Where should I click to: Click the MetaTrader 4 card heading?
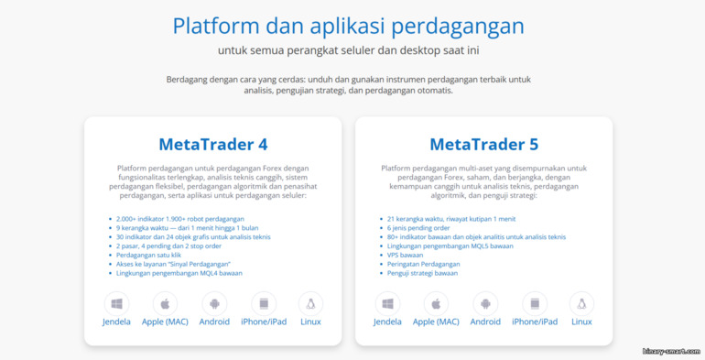pyautogui.click(x=212, y=144)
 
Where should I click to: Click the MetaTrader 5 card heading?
pyautogui.click(x=483, y=144)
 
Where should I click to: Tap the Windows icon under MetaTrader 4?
pyautogui.click(x=116, y=303)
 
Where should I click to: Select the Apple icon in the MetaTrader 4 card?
pyautogui.click(x=166, y=303)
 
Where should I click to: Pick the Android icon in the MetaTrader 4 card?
pyautogui.click(x=214, y=303)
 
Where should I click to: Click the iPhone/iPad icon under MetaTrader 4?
pyautogui.click(x=264, y=303)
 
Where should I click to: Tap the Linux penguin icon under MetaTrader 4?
pyautogui.click(x=310, y=303)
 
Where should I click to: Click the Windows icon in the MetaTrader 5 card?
pyautogui.click(x=387, y=303)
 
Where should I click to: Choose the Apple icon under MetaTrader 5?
pyautogui.click(x=436, y=303)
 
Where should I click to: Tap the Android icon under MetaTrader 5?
pyautogui.click(x=485, y=303)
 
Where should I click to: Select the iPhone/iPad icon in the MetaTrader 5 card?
pyautogui.click(x=535, y=303)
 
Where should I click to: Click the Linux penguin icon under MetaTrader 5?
pyautogui.click(x=581, y=303)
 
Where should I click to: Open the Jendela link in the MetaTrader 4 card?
pyautogui.click(x=116, y=322)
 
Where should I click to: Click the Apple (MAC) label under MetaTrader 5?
pyautogui.click(x=436, y=322)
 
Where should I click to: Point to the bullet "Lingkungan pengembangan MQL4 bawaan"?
pyautogui.click(x=179, y=272)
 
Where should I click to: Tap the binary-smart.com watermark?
pyautogui.click(x=670, y=351)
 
